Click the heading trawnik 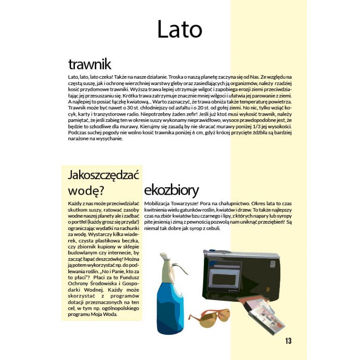coord(90,64)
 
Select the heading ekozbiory coord(171,189)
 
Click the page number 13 coord(288,341)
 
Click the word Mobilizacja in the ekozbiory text coord(158,203)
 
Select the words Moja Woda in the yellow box coord(103,315)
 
